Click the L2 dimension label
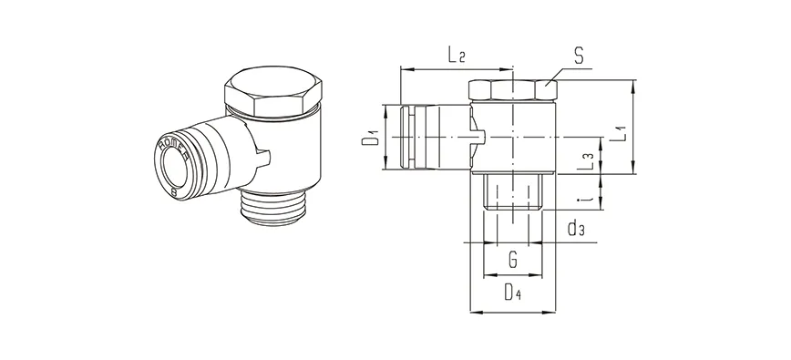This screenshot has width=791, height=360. point(457,56)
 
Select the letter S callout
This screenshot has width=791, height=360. point(578,57)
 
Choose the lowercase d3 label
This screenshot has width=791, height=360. point(575,229)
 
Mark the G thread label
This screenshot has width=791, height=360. point(513,262)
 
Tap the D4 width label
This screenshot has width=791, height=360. point(513,293)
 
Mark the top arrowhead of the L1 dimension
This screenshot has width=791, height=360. point(632,84)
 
